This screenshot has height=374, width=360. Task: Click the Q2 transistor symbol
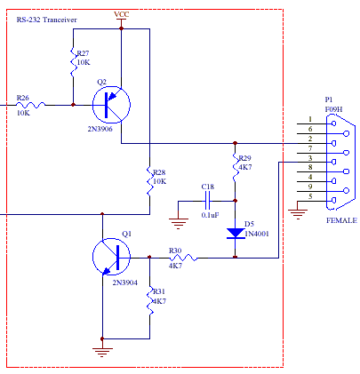111,105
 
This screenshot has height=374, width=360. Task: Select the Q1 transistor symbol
111,257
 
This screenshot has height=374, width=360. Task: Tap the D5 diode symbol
236,233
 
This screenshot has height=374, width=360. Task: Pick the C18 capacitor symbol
207,201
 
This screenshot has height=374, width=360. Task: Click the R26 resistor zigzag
31,105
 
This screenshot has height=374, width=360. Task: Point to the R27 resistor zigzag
73,62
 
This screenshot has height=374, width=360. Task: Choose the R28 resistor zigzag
150,180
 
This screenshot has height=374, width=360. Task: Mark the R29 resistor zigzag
236,166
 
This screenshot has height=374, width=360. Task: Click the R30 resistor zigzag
183,258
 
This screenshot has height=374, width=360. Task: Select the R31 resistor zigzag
150,300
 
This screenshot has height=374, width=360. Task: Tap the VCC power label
122,14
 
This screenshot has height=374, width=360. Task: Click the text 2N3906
100,129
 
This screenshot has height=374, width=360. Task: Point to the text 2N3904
125,282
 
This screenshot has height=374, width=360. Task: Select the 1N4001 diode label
257,234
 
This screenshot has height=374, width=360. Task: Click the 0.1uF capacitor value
211,215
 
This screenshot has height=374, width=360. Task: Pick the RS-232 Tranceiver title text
47,20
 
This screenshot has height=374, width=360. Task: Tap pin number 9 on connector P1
310,187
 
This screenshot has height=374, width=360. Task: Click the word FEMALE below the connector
341,220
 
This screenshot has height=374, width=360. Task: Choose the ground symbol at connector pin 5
298,214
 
